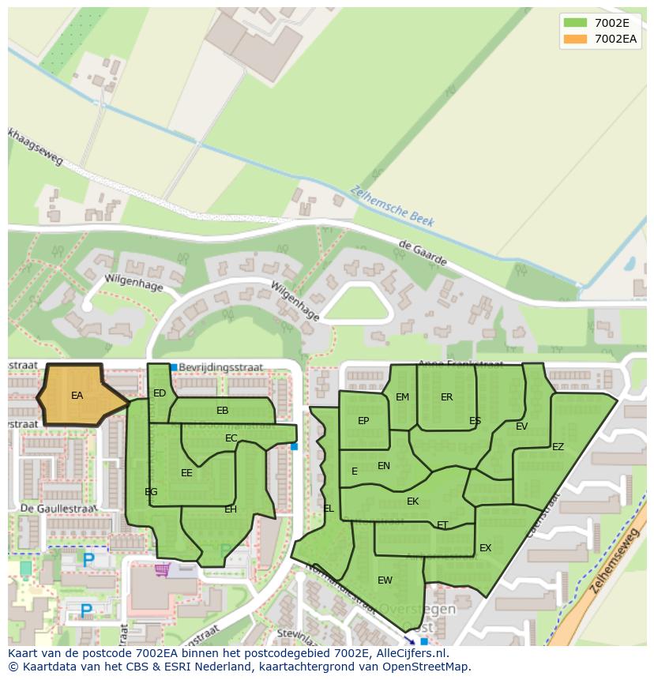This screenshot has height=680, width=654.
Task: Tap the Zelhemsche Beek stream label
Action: tap(393, 206)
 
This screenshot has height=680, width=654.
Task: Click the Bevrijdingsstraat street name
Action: tap(221, 367)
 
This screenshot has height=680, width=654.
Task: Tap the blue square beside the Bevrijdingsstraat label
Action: tap(174, 367)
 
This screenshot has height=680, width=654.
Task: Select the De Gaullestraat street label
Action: tap(58, 508)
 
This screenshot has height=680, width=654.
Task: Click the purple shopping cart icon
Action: tap(163, 569)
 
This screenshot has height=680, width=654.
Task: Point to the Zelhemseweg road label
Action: tap(613, 560)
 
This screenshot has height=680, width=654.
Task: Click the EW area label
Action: tap(385, 580)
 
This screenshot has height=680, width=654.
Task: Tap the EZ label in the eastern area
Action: tap(558, 447)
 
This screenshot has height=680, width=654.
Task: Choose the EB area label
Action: tap(223, 411)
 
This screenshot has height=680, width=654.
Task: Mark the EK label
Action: tap(412, 502)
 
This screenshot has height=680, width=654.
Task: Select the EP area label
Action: tap(363, 421)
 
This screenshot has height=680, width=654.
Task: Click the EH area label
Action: tap(231, 509)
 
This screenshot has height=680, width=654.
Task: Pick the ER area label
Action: tap(447, 397)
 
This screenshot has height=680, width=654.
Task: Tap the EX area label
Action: tap(485, 548)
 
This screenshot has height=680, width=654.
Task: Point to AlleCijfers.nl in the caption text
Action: tap(410, 653)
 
